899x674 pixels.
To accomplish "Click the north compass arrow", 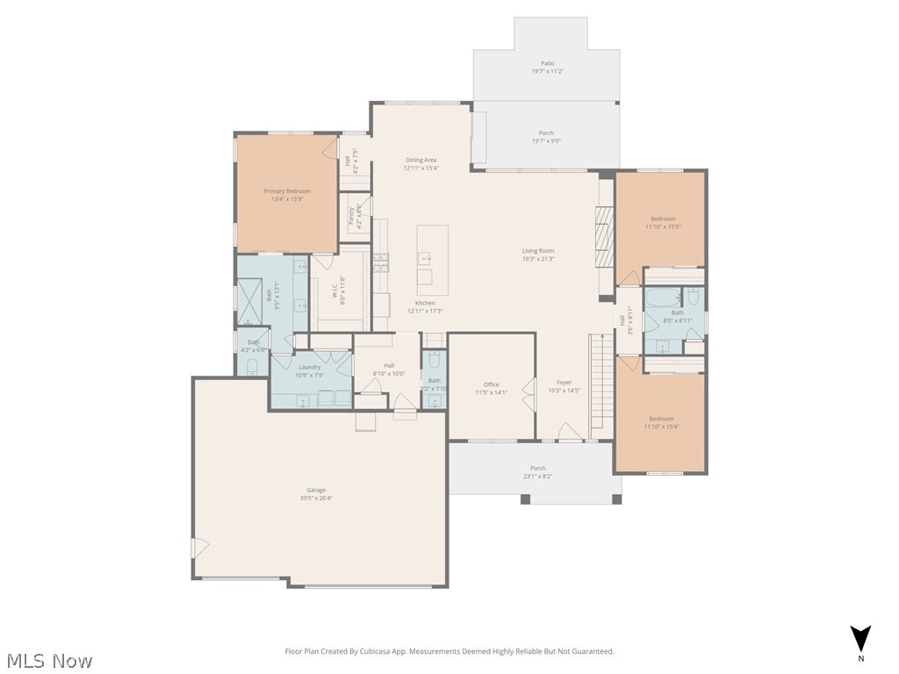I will (x=861, y=639).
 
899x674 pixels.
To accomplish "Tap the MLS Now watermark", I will (x=48, y=660).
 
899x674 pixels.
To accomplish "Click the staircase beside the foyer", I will (x=601, y=386).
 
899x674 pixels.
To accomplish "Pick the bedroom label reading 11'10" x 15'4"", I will (x=661, y=422).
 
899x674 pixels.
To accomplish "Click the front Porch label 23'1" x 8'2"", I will (x=537, y=472).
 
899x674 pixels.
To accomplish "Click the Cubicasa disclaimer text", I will (x=449, y=651).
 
